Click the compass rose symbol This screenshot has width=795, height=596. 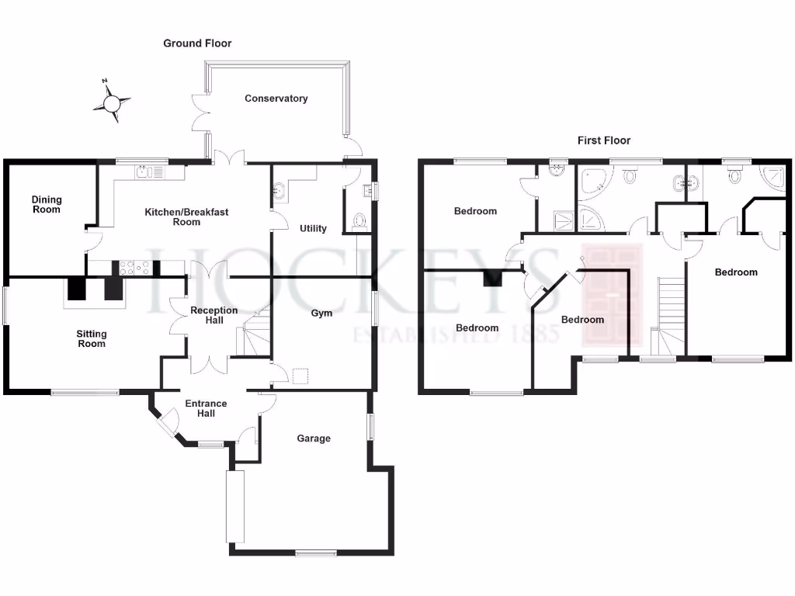112,102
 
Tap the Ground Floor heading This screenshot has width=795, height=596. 197,43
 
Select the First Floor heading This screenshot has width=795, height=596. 604,140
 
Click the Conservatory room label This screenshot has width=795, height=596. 276,99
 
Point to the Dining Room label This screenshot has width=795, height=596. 47,204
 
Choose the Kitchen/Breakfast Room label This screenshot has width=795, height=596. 186,217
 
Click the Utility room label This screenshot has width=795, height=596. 314,228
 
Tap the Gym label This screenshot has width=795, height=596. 321,313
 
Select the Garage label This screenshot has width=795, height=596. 314,438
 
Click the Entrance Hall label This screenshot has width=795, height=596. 206,408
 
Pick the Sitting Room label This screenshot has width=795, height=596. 92,338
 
